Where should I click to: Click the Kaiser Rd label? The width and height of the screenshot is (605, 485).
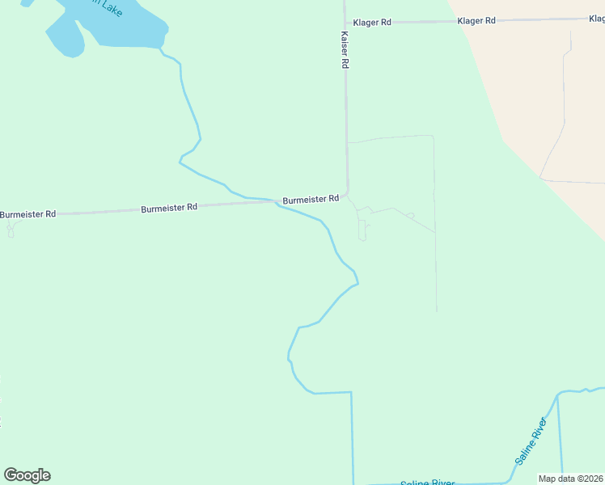(345, 49)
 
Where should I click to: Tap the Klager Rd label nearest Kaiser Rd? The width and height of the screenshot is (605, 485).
(372, 22)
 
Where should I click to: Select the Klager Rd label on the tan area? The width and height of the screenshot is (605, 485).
(476, 20)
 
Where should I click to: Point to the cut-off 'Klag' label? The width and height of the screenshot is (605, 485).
(594, 17)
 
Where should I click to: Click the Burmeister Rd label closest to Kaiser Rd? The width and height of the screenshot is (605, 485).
(311, 199)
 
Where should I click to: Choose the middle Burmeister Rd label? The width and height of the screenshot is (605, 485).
(169, 208)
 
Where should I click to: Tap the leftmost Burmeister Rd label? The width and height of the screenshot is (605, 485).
(27, 214)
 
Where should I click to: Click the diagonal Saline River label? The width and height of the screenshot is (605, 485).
(531, 441)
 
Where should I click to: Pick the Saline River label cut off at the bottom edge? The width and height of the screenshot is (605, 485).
(427, 483)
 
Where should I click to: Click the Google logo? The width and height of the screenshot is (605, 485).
(27, 475)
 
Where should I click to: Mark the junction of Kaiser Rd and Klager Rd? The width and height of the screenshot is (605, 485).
(345, 22)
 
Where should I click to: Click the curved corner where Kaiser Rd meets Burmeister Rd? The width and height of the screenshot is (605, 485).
(346, 194)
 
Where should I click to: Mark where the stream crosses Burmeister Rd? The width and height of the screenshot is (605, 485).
(275, 202)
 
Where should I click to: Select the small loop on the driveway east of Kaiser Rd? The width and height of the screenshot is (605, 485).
(411, 216)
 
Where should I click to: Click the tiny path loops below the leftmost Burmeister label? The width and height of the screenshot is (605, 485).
(11, 230)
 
